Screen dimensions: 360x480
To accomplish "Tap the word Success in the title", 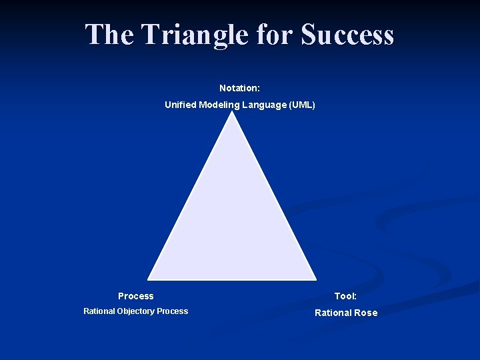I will (347, 35).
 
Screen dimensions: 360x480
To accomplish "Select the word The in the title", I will (109, 35).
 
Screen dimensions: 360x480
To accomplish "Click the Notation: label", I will (239, 88).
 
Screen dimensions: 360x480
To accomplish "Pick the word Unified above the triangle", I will (181, 105).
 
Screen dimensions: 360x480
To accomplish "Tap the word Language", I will (263, 105).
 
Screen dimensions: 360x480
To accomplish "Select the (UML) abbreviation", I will (301, 105).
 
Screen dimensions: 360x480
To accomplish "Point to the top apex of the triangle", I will (232, 112).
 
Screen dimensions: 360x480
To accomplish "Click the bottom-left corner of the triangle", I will (149, 278).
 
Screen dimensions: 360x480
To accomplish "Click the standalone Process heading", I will (135, 296).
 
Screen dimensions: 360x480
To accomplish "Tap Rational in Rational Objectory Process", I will (99, 311).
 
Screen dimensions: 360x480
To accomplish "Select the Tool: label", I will (345, 296).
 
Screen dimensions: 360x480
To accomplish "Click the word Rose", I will (366, 313).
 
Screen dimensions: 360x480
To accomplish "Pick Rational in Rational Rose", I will (333, 313).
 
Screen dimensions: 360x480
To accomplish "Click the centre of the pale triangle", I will (232, 220).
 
